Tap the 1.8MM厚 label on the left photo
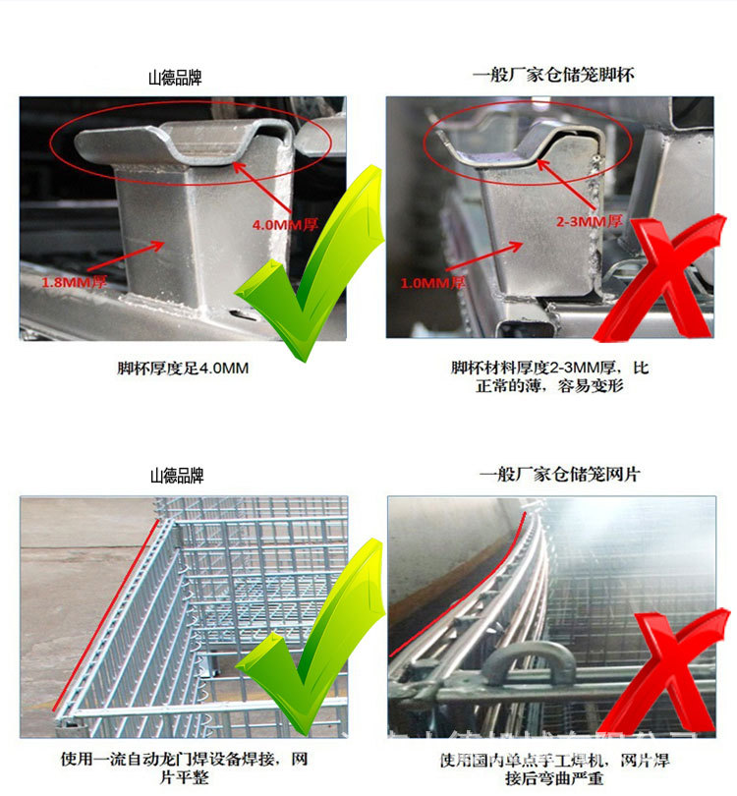(x=74, y=282)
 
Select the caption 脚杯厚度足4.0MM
(x=183, y=370)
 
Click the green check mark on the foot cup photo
(x=310, y=260)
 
